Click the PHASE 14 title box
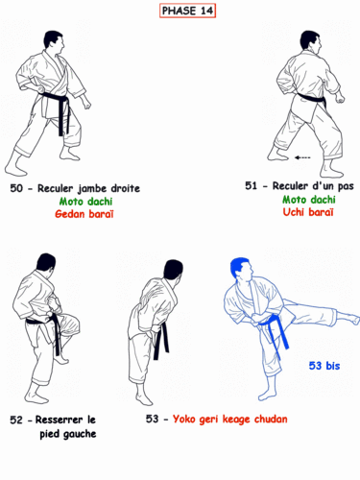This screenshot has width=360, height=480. click(187, 11)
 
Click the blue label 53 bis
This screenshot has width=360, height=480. click(324, 365)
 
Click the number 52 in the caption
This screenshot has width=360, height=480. click(16, 420)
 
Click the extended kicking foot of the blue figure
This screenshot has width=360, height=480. click(351, 317)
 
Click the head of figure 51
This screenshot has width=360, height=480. click(308, 41)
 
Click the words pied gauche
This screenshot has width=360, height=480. click(68, 434)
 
